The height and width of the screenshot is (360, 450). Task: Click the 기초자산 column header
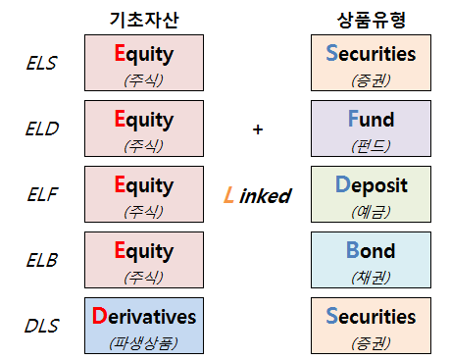click(145, 19)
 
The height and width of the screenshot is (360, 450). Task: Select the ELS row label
click(41, 64)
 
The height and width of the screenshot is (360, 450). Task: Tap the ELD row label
click(41, 129)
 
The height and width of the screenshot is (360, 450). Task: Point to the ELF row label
click(41, 195)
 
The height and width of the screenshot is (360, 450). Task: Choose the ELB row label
click(41, 260)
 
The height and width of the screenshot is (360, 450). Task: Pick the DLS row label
click(41, 326)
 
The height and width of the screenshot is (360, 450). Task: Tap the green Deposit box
click(371, 194)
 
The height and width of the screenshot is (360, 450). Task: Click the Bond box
click(371, 260)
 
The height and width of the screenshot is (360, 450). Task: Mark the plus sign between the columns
click(258, 129)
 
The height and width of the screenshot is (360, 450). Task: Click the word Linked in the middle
click(258, 195)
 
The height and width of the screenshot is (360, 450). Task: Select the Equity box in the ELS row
click(145, 64)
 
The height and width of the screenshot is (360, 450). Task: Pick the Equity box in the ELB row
click(145, 260)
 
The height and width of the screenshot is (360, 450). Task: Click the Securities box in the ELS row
click(371, 64)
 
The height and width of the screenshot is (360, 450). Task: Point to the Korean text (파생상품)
click(145, 342)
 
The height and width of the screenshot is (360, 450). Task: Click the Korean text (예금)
click(371, 211)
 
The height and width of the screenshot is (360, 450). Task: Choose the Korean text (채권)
click(371, 277)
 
